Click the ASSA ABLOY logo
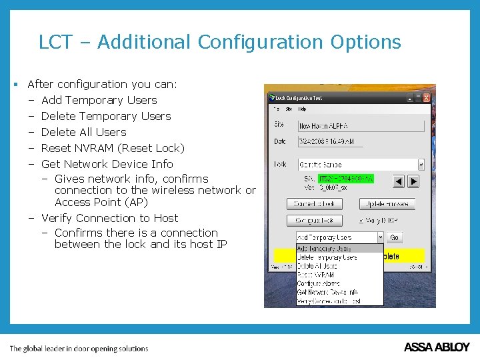[437, 347]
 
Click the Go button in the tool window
[394, 237]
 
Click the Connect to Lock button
[314, 204]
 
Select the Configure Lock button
[314, 221]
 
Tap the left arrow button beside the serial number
[398, 181]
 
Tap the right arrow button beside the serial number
[413, 181]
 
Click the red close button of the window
[426, 97]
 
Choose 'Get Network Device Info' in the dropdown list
[327, 292]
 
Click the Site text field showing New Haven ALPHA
[360, 125]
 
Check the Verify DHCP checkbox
[362, 221]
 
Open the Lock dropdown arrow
[421, 164]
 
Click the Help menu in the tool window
[302, 109]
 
